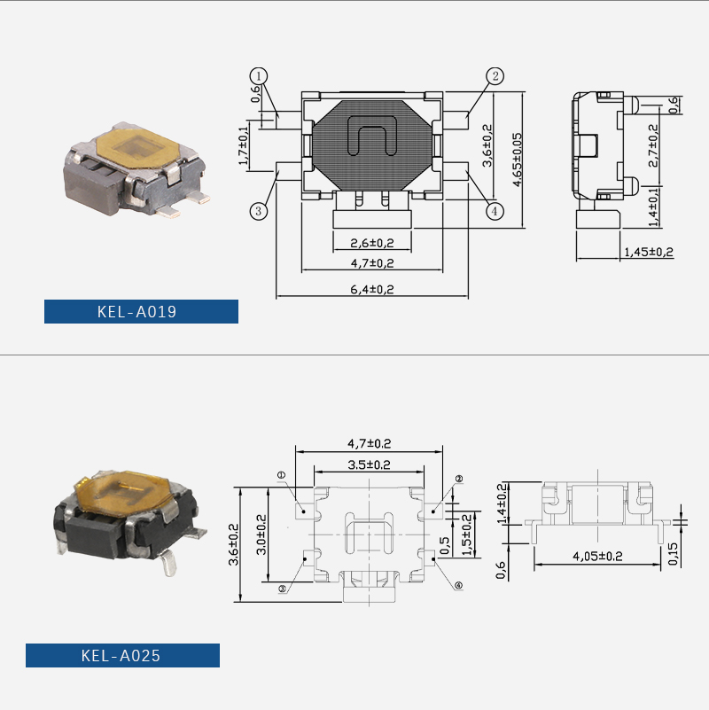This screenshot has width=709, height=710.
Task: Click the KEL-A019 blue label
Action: point(141,311)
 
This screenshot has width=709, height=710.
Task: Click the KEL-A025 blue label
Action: point(122,655)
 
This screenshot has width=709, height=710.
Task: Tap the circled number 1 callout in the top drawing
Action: point(259,75)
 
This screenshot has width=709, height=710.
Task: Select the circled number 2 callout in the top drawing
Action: point(495,75)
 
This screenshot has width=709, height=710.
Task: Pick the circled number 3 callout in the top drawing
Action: point(259,211)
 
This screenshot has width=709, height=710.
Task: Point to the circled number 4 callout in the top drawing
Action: point(495,211)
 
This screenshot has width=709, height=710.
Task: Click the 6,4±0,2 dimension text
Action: point(372,289)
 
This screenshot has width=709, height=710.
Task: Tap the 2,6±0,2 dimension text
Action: point(372,243)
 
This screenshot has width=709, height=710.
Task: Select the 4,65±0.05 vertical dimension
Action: point(517,160)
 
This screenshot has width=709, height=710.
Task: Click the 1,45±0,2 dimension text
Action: point(649,252)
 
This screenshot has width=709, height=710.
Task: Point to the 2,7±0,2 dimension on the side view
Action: point(653,145)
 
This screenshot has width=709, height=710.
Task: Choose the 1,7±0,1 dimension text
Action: point(243,145)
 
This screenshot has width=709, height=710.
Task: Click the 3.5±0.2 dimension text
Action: point(369,464)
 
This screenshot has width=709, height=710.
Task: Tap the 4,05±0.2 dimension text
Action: point(597,556)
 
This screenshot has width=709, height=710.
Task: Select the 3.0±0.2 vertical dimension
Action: point(261,534)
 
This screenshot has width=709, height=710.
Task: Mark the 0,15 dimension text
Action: point(674,553)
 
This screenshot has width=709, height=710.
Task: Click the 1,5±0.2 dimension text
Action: point(466,534)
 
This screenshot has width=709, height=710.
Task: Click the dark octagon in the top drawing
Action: point(371,145)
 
